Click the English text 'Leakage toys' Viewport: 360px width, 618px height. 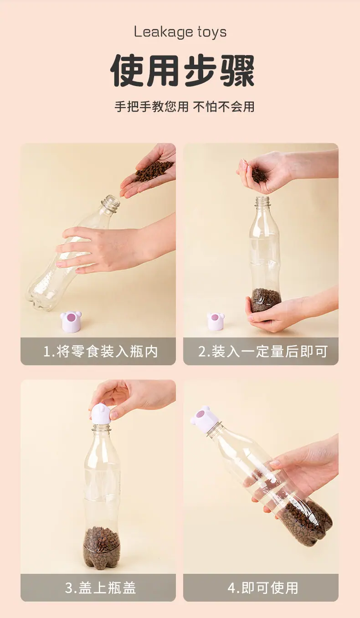(180, 32)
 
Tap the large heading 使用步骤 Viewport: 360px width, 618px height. (182, 71)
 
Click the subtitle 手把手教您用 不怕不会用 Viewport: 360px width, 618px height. (185, 107)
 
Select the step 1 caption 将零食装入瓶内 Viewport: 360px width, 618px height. (107, 352)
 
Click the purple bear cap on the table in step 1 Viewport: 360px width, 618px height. (71, 322)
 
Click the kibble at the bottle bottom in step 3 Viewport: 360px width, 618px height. (102, 546)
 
